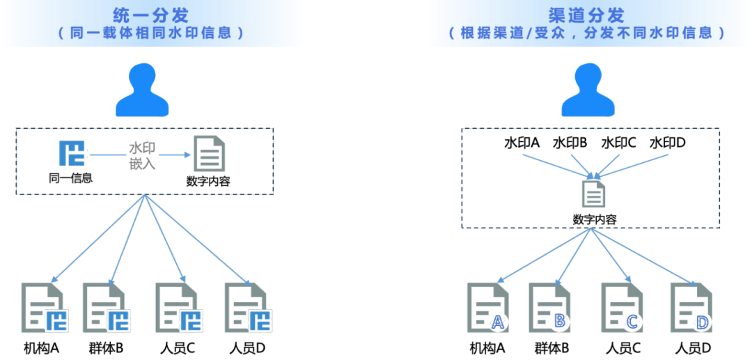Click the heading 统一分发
pos(152,15)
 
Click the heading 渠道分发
pos(595,15)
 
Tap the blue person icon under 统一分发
pos(143,90)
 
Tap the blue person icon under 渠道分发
pos(588,90)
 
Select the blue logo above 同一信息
pos(72,154)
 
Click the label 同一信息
pos(70,178)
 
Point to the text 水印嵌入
pos(142,156)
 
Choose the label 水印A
pos(522,143)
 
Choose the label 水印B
pos(570,143)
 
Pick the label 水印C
pos(618,143)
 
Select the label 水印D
pos(668,143)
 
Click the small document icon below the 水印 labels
pos(594,193)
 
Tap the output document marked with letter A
pos(488,307)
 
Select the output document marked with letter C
pos(623,307)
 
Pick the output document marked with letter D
pos(691,307)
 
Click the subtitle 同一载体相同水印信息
pos(152,33)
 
